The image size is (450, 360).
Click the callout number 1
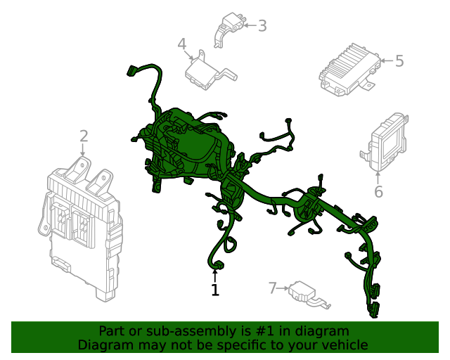tap(215, 290)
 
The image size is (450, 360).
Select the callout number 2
tap(84, 136)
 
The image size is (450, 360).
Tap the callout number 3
tap(262, 25)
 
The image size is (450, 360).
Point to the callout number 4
tap(182, 44)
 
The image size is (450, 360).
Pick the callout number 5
tap(399, 61)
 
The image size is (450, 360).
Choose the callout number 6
tap(378, 191)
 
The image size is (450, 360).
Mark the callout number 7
tap(273, 288)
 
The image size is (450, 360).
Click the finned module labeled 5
tap(350, 70)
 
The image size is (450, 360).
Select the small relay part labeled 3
tap(230, 30)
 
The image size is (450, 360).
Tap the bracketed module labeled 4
tap(210, 70)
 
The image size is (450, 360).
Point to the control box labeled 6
tap(385, 142)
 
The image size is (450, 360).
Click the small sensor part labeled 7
tap(309, 295)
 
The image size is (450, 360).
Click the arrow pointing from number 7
tap(283, 288)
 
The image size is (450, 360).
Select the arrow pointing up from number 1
tap(214, 276)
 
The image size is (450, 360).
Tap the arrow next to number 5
tap(387, 61)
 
